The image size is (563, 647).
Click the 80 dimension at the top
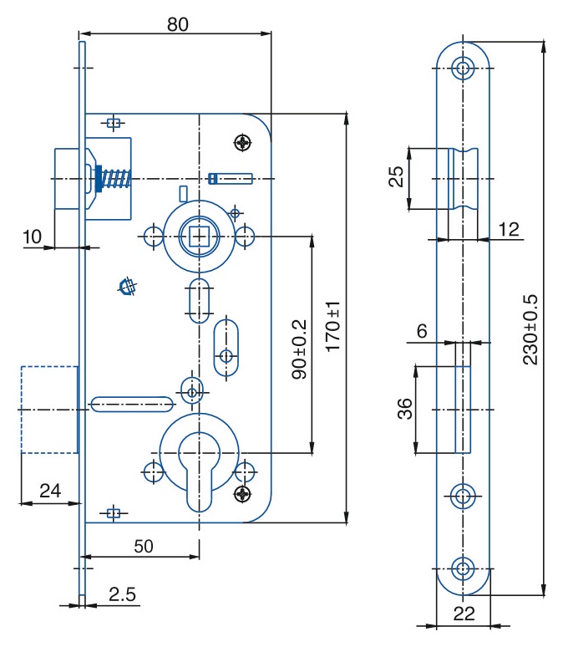tap(178, 24)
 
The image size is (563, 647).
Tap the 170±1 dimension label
tap(333, 326)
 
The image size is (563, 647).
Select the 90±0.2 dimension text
tap(299, 349)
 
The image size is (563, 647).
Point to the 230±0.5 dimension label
tap(530, 329)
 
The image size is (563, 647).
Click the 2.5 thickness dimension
tap(122, 594)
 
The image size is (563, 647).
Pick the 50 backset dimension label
tap(144, 547)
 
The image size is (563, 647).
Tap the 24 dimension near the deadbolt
tap(50, 491)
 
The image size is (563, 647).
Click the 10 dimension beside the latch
tap(32, 237)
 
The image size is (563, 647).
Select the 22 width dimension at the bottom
tap(464, 614)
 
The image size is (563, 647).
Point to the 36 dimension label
tap(405, 409)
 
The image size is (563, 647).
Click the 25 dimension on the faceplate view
tap(397, 176)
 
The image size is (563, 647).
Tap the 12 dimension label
tap(509, 229)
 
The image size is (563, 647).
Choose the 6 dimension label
tap(422, 331)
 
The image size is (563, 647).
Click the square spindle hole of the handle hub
tap(199, 237)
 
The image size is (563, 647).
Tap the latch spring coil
tap(117, 178)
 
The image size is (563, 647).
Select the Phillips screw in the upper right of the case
tap(243, 143)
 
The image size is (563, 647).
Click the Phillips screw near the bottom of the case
tap(242, 493)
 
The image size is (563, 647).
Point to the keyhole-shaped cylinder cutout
tap(199, 471)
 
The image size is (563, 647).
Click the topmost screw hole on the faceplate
tap(463, 68)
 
